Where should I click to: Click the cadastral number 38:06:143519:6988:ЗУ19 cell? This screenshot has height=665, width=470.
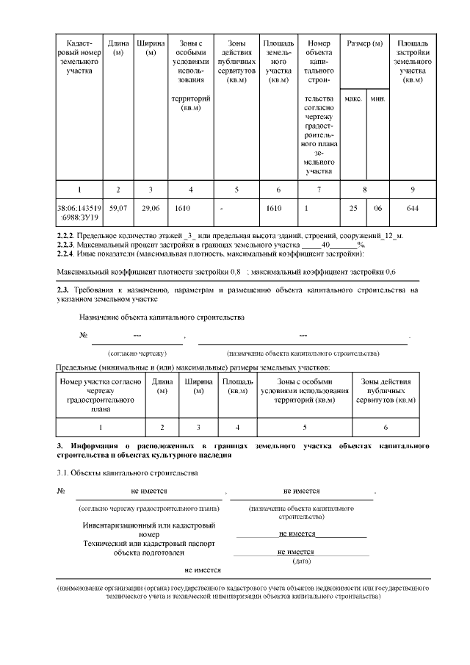pyautogui.click(x=79, y=212)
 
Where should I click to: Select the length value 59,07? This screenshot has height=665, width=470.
pyautogui.click(x=117, y=209)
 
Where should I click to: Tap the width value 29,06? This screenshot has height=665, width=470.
pyautogui.click(x=151, y=209)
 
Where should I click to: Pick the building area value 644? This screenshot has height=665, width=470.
pyautogui.click(x=412, y=209)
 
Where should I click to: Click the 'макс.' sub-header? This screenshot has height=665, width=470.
pyautogui.click(x=352, y=98)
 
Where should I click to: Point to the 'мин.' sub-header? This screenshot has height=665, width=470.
pyautogui.click(x=377, y=98)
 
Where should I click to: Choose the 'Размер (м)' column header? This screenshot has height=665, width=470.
pyautogui.click(x=365, y=44)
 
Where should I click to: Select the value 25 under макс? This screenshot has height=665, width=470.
pyautogui.click(x=352, y=209)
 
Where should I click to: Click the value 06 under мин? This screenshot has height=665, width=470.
pyautogui.click(x=377, y=209)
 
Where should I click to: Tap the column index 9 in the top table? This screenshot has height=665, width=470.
pyautogui.click(x=412, y=190)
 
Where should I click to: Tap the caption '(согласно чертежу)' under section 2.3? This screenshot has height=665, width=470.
pyautogui.click(x=137, y=353)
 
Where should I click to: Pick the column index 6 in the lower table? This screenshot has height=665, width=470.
pyautogui.click(x=386, y=427)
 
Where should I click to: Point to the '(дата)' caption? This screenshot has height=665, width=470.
pyautogui.click(x=301, y=561)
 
